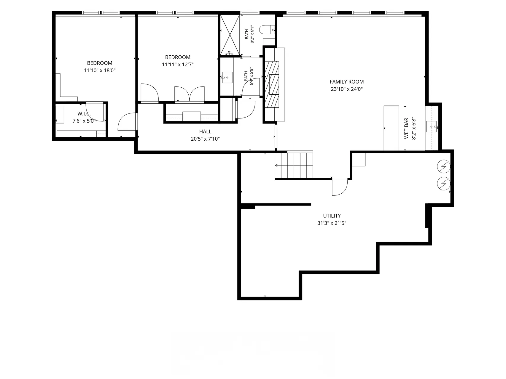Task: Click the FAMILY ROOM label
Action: coord(346,82)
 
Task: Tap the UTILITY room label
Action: coord(332,216)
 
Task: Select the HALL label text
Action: coord(205,131)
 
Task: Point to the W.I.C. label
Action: coord(84,114)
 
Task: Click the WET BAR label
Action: coord(406,128)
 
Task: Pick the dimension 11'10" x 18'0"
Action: coord(100,70)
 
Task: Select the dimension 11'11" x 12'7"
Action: coord(178,65)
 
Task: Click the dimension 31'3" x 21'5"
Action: coord(332,223)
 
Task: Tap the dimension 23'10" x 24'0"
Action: coord(347,89)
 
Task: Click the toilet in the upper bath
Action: coord(267,30)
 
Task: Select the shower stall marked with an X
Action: coord(230,35)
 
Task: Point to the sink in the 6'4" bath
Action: coord(227,78)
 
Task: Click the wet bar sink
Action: coord(431,127)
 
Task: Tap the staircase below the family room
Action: coord(294,165)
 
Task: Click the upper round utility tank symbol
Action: coord(444,167)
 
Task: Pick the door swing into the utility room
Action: coord(340,187)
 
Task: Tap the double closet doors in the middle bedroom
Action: coord(189,94)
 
